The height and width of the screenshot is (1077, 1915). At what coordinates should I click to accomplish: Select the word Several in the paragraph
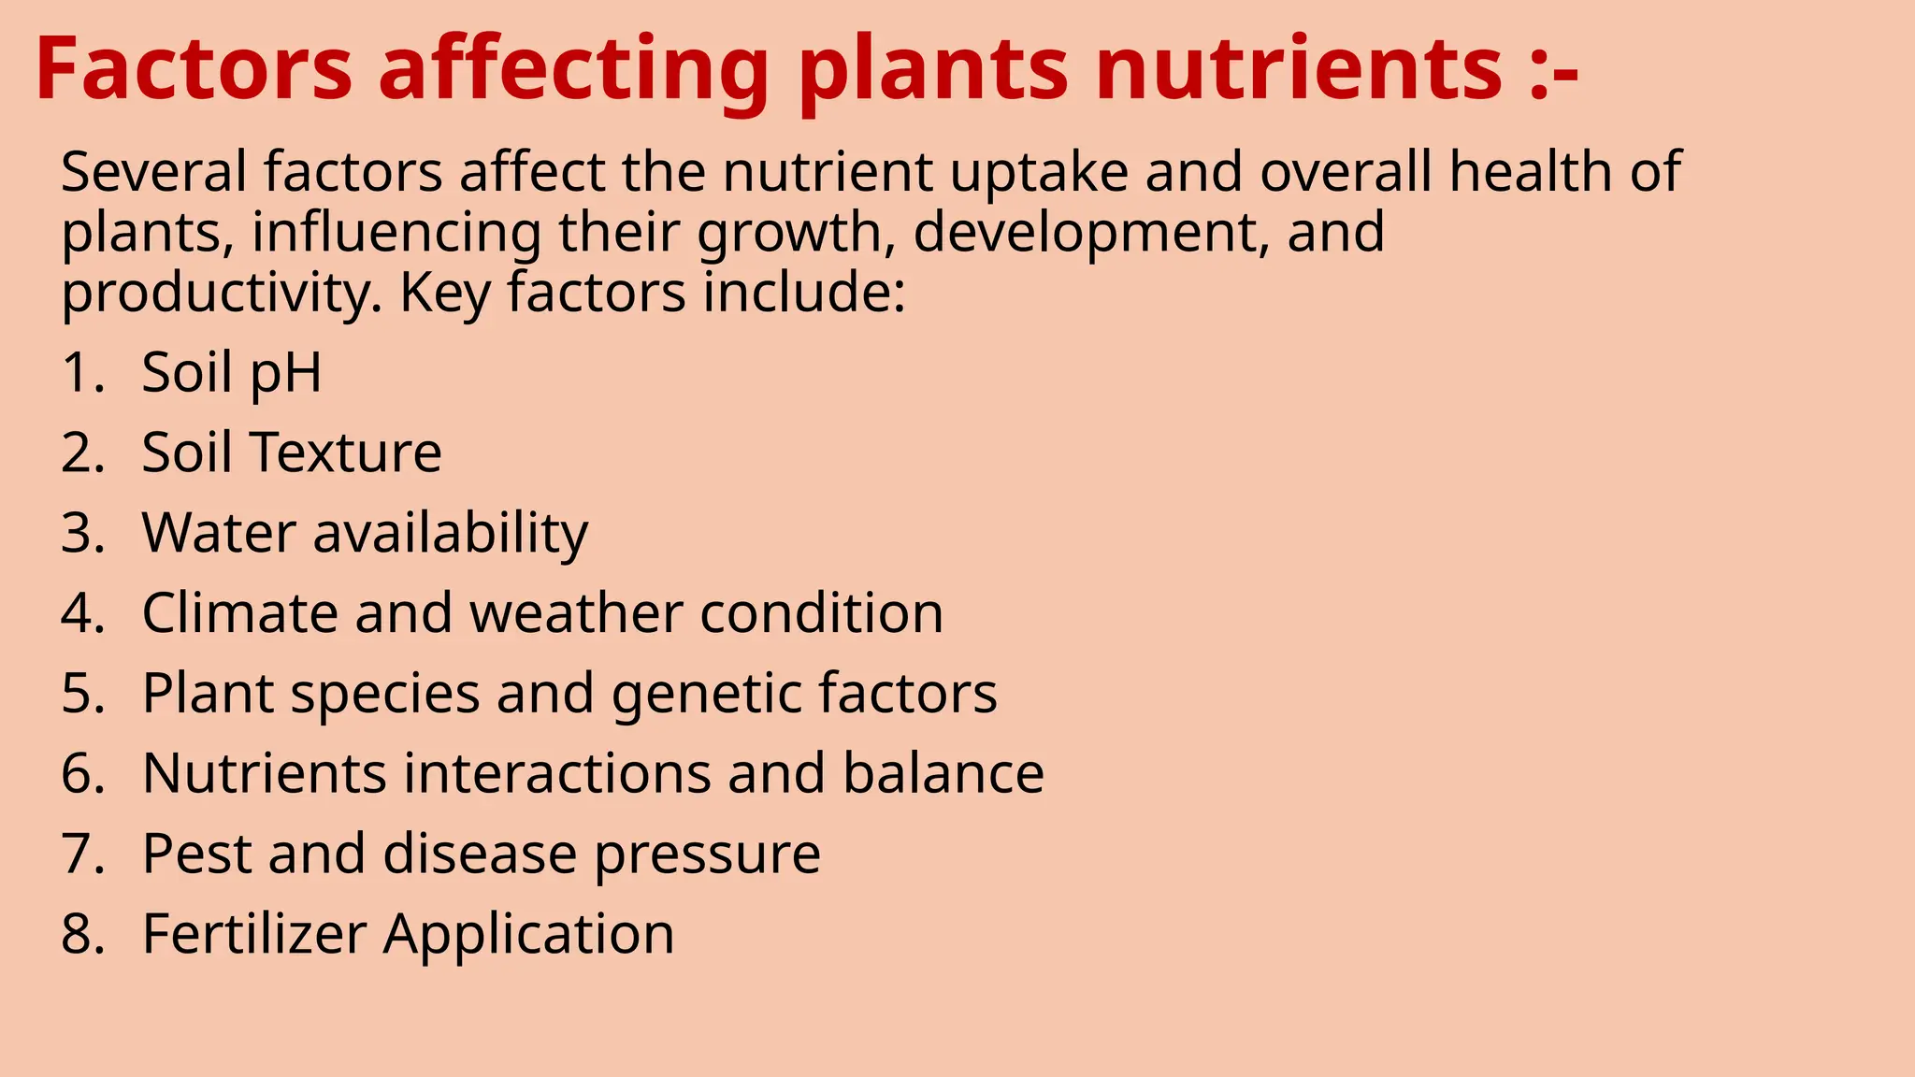pyautogui.click(x=154, y=172)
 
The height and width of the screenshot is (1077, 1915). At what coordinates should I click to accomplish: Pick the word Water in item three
pyautogui.click(x=219, y=534)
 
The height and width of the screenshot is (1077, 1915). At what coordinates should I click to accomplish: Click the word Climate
pyautogui.click(x=239, y=613)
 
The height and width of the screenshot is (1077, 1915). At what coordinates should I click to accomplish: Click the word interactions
pyautogui.click(x=557, y=774)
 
